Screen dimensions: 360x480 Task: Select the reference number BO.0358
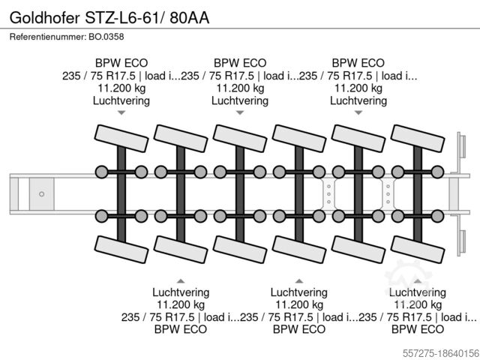(105, 37)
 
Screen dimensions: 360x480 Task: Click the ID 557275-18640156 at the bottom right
(434, 350)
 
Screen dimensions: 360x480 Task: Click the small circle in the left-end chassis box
(42, 193)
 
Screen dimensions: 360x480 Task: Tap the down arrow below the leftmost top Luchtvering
(121, 113)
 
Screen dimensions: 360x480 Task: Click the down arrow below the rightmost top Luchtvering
(358, 113)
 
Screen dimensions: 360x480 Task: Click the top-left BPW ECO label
(121, 63)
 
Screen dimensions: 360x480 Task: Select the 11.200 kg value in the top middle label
(240, 88)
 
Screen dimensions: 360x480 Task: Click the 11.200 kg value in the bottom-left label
(181, 304)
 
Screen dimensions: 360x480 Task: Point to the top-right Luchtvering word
(358, 100)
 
